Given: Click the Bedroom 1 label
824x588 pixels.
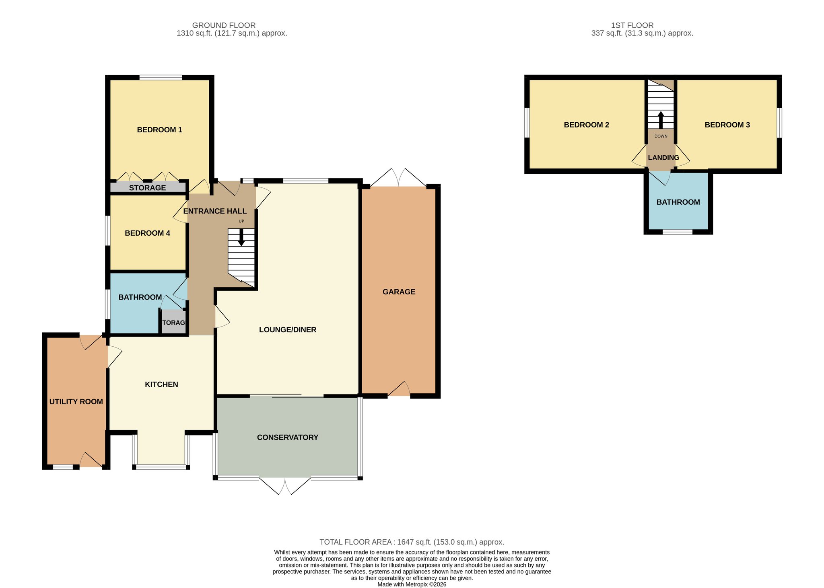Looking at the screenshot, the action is tap(159, 130).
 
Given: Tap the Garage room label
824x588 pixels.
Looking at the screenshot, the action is tap(399, 292).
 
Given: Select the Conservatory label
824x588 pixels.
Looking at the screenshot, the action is tap(287, 437).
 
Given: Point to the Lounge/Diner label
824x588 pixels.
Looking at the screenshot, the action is tap(287, 330).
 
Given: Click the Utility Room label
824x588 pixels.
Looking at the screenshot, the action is tap(76, 401).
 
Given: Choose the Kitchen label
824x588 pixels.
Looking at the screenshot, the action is tap(161, 384).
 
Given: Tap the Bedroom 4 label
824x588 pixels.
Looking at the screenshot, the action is tap(147, 233).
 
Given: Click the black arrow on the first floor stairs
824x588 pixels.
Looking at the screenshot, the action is tap(661, 120).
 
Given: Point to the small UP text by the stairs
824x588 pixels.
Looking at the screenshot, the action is tap(241, 221).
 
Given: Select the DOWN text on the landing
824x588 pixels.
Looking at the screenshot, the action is tap(661, 136).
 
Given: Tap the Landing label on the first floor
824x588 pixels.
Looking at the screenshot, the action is tap(663, 158).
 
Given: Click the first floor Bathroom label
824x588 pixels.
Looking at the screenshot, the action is tap(678, 202).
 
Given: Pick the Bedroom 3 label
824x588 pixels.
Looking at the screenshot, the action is tap(727, 125).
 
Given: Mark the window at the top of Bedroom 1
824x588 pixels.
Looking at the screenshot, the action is tap(160, 77).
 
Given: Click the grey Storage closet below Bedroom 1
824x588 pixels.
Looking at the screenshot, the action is tap(148, 187).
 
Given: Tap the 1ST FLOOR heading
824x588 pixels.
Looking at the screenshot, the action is tap(632, 25).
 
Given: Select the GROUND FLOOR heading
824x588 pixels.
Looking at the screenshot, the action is tap(224, 25).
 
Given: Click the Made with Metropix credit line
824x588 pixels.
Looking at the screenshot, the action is tap(412, 584).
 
